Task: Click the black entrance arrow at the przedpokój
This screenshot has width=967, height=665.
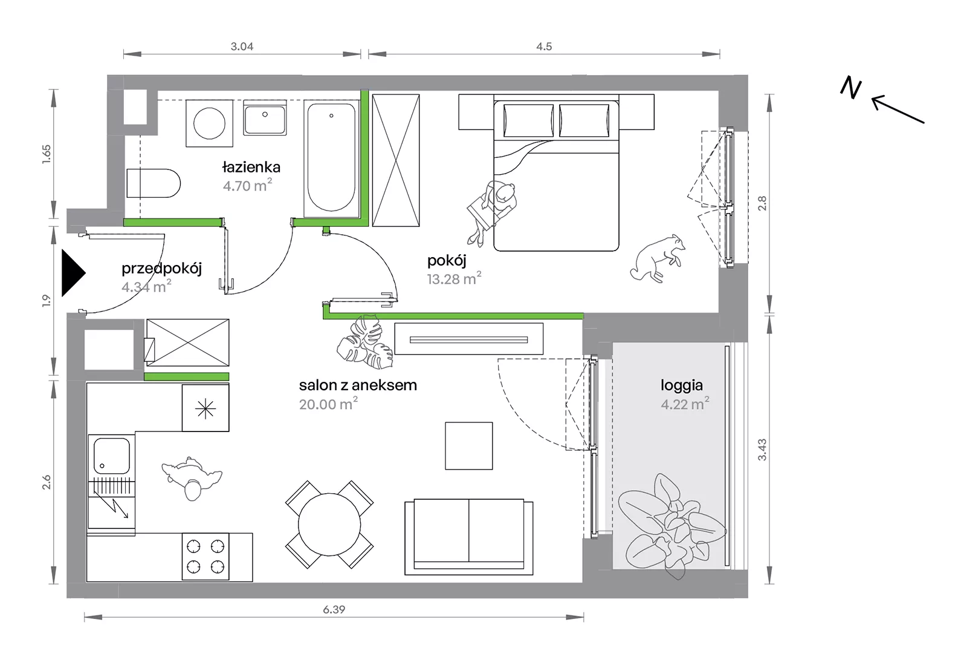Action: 73,273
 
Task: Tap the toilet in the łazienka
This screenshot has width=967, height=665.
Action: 154,183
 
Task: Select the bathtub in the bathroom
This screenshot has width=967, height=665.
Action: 331,159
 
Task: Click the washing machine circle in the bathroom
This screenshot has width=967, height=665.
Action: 209,123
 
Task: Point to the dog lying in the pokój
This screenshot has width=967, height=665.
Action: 657,258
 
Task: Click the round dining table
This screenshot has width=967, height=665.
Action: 329,525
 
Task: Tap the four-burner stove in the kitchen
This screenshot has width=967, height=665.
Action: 205,557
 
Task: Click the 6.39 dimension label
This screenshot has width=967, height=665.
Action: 334,610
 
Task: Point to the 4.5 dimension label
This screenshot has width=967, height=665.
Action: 544,46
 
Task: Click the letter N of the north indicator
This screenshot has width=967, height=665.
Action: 850,88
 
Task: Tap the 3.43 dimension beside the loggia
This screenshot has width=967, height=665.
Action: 762,450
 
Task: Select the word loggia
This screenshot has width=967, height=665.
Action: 682,385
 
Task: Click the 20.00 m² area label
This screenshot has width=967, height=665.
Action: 329,404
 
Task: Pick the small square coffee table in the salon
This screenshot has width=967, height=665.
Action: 469,446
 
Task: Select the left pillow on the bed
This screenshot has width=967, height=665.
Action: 528,120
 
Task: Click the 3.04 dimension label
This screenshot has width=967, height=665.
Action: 242,46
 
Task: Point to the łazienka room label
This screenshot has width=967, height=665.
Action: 251,167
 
